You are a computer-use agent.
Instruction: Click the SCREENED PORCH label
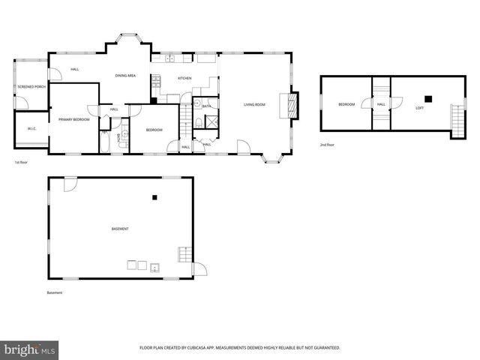(31, 87)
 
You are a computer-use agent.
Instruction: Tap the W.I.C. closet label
(31, 128)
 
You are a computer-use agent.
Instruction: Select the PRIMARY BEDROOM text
(75, 119)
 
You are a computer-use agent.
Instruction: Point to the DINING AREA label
(125, 76)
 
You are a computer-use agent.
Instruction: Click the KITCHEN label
(184, 78)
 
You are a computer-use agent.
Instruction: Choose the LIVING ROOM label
(255, 104)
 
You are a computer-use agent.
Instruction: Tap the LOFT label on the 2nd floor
(419, 107)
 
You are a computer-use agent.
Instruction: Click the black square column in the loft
(428, 97)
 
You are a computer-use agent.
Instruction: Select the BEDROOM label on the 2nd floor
(346, 104)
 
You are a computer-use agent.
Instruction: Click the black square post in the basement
(154, 197)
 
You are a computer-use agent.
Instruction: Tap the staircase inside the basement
(184, 255)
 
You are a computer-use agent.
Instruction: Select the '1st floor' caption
(21, 162)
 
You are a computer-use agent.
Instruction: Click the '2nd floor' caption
(328, 144)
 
